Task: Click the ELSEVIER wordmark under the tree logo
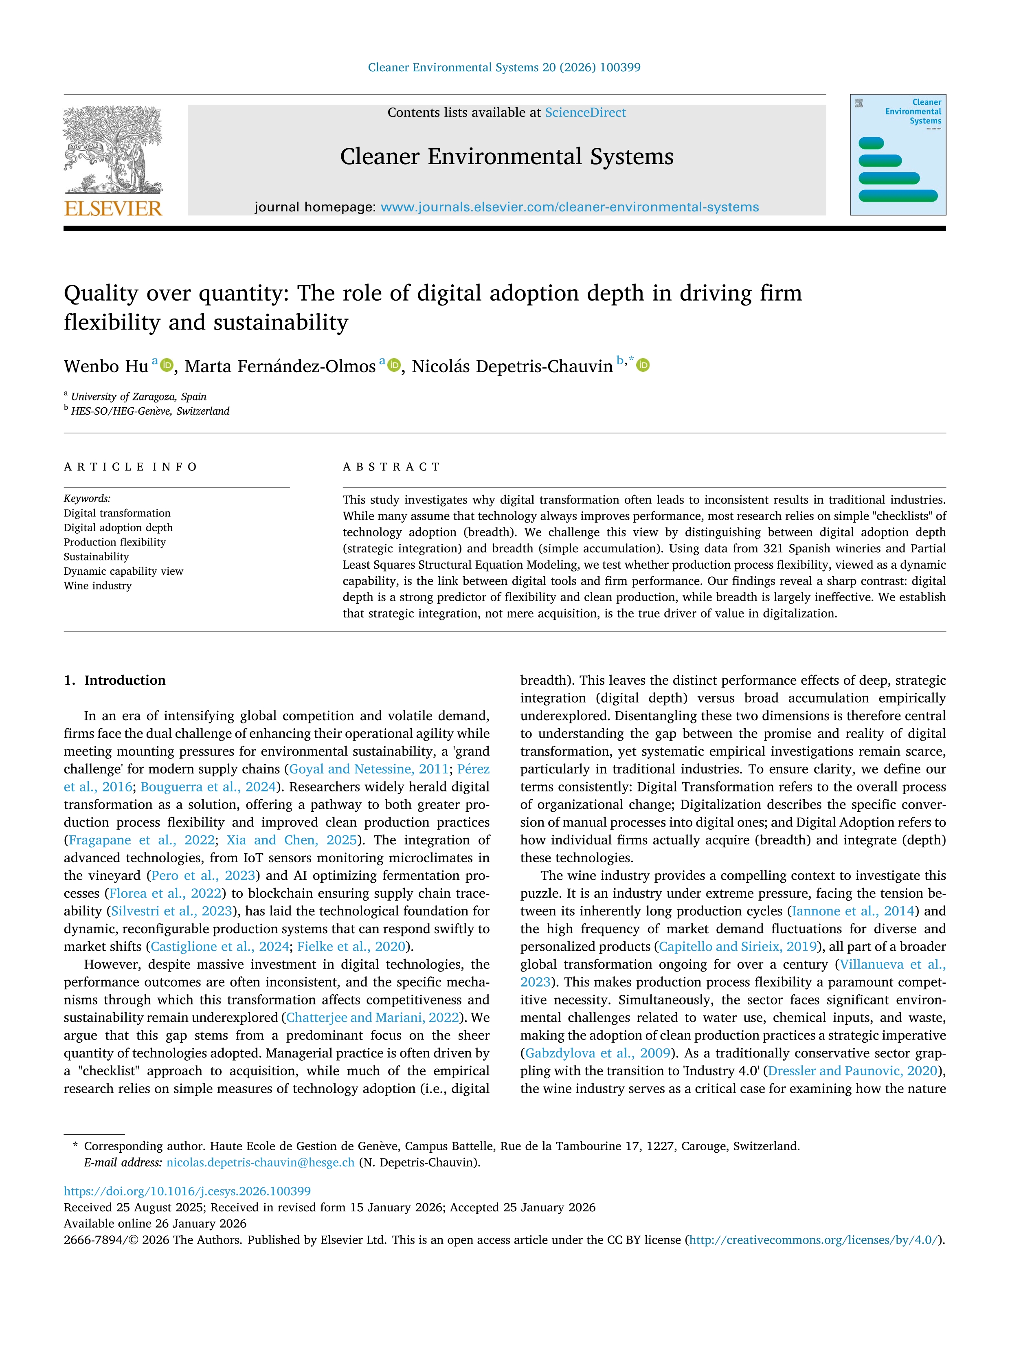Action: pos(113,208)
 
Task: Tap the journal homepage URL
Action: pos(569,207)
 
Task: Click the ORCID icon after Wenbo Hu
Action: pos(166,365)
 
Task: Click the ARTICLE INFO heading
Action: pos(130,467)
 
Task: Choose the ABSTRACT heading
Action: pos(391,467)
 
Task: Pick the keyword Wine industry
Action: pos(97,586)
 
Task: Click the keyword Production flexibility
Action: pos(114,542)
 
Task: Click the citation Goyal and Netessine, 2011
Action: pos(368,769)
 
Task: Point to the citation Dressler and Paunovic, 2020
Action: pos(852,1070)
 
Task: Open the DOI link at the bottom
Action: pos(187,1191)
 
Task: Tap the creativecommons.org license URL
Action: pos(814,1240)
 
